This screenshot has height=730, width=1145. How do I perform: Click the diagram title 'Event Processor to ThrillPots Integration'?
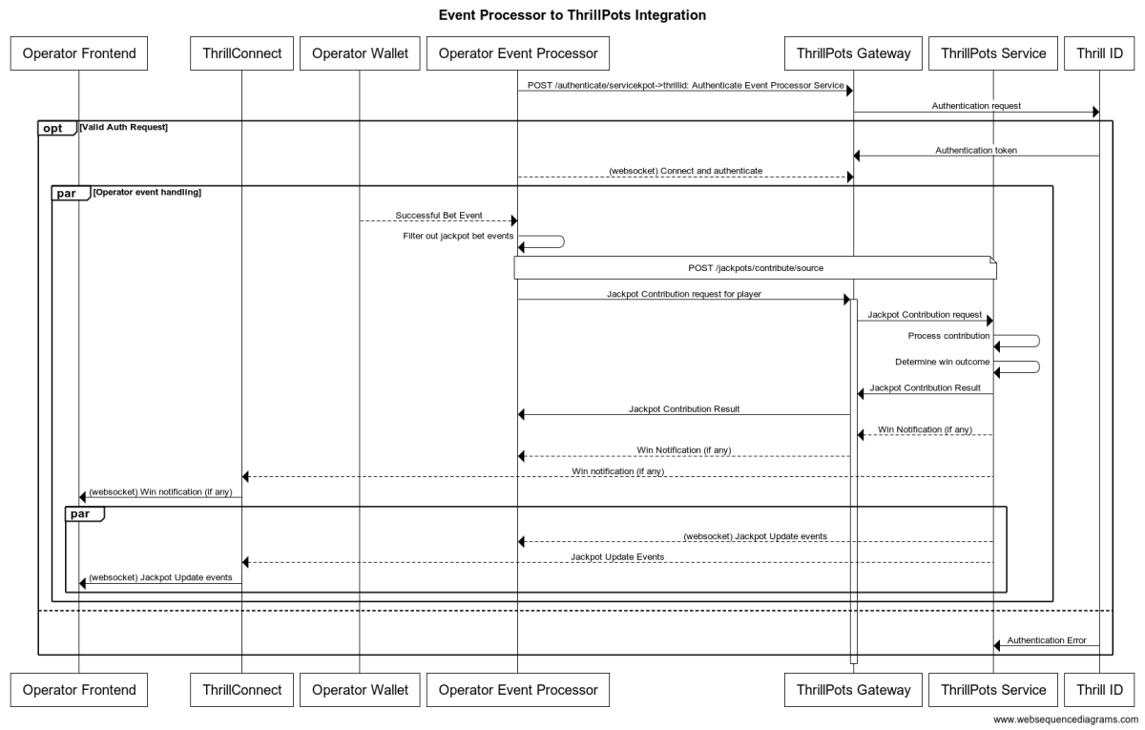point(572,15)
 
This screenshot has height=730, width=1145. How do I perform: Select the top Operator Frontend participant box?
point(79,53)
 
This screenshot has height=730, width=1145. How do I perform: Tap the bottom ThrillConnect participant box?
point(241,689)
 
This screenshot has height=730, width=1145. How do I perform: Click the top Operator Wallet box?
point(359,53)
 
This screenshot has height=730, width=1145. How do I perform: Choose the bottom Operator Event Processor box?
point(517,689)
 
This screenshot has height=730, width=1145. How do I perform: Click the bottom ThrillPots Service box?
point(993,689)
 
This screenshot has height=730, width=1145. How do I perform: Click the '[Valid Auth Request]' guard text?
point(124,127)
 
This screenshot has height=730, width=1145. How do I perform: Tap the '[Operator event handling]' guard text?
point(147,193)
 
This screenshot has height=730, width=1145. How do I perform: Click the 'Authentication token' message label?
point(975,149)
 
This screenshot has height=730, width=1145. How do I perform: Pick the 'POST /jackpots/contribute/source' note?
point(755,268)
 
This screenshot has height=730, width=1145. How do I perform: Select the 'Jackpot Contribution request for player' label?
point(683,294)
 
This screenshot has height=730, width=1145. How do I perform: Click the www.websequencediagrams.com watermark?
point(1065,720)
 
